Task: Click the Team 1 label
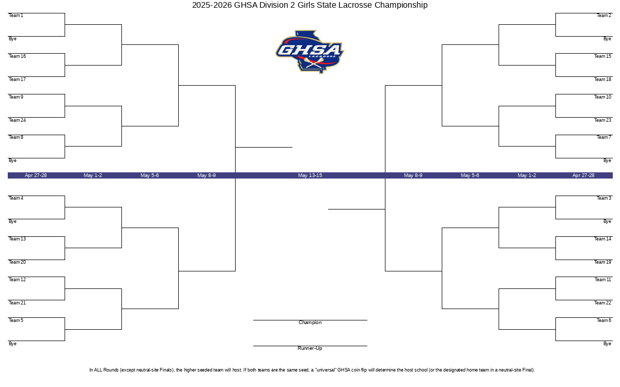16,15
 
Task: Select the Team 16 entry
17,56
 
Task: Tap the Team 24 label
17,120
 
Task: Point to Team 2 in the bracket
603,15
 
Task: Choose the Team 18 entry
602,79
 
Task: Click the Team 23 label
602,120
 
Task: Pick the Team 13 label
17,239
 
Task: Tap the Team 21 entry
17,303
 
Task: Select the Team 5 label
16,320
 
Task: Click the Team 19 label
602,262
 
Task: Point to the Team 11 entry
603,280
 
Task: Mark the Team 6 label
603,320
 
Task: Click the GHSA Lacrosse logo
310,52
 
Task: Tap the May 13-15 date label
310,175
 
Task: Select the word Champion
310,322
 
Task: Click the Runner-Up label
310,348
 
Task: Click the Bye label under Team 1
12,39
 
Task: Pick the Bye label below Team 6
607,344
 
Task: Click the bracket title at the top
310,5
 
